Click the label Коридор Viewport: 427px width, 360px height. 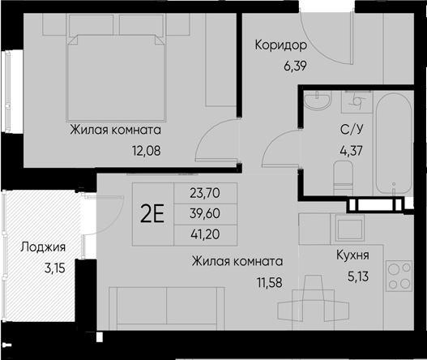(x=280, y=45)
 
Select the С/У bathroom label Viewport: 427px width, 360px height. (x=350, y=131)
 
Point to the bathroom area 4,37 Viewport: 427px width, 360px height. (x=350, y=148)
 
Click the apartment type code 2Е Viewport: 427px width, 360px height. (x=152, y=214)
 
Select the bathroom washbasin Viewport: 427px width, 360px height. (x=318, y=104)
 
